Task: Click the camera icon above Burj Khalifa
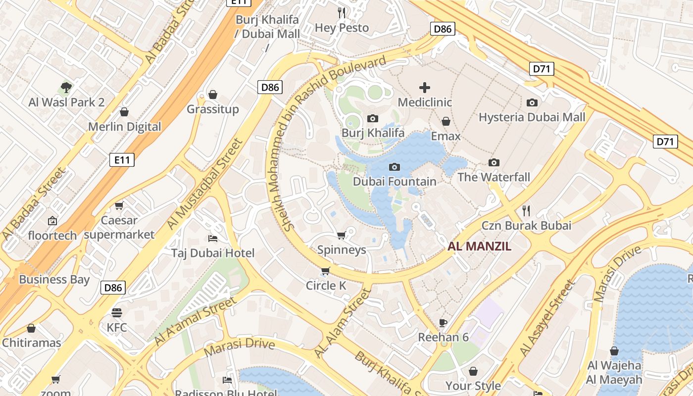click(x=373, y=118)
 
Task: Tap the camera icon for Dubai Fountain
click(x=395, y=167)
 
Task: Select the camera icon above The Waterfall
click(x=494, y=162)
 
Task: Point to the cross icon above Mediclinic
click(x=425, y=88)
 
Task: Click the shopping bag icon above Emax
click(x=446, y=121)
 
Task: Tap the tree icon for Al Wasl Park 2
click(x=66, y=88)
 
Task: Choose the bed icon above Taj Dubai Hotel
click(x=213, y=239)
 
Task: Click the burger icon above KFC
click(x=117, y=313)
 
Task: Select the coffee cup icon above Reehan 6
click(x=443, y=323)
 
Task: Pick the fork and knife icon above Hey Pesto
click(x=342, y=13)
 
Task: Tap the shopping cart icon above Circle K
click(x=325, y=271)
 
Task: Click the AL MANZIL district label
click(x=479, y=247)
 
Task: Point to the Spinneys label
click(x=342, y=249)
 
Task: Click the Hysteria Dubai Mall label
click(x=532, y=117)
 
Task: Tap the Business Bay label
click(x=54, y=279)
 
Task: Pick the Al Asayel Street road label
click(x=547, y=318)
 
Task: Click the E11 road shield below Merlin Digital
click(x=122, y=160)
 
